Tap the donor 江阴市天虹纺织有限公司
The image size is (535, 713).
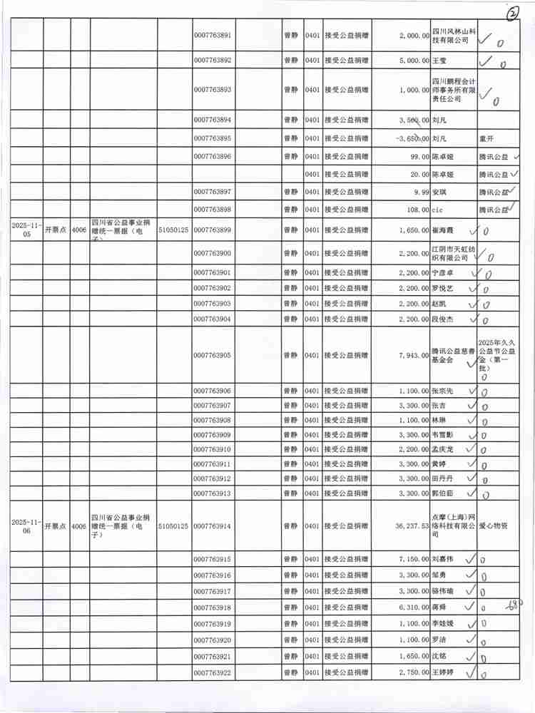coord(452,253)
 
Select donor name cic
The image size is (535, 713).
coord(438,210)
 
